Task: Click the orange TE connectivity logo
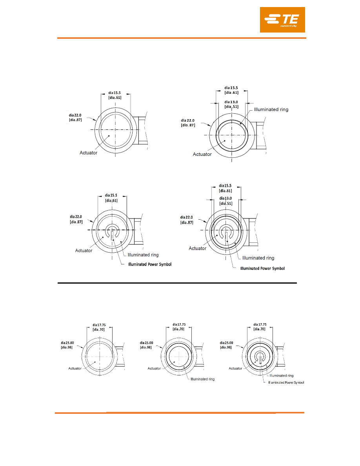tap(282, 20)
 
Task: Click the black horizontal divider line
tap(177, 283)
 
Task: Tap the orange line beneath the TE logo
tap(182, 38)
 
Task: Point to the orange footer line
tap(179, 413)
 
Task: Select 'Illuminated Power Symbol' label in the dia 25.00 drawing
tap(286, 382)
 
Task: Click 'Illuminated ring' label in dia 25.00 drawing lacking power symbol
tap(203, 379)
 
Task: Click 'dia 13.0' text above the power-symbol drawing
tap(226, 198)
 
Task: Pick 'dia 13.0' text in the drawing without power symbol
tap(231, 102)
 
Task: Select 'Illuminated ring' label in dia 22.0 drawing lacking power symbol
tap(271, 109)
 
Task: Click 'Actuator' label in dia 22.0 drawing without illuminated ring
tap(88, 153)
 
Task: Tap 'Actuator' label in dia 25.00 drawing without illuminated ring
tap(75, 368)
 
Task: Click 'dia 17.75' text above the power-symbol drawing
tap(260, 324)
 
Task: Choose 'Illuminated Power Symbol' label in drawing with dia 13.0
tap(262, 268)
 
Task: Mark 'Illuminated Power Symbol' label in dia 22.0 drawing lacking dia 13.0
tap(150, 264)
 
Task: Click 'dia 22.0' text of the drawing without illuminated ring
tap(75, 115)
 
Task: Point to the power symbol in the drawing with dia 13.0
tap(226, 234)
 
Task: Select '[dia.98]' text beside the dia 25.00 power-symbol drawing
tap(226, 347)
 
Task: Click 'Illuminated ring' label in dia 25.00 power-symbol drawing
tap(281, 376)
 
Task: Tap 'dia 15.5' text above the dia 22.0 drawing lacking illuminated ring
tap(115, 93)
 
